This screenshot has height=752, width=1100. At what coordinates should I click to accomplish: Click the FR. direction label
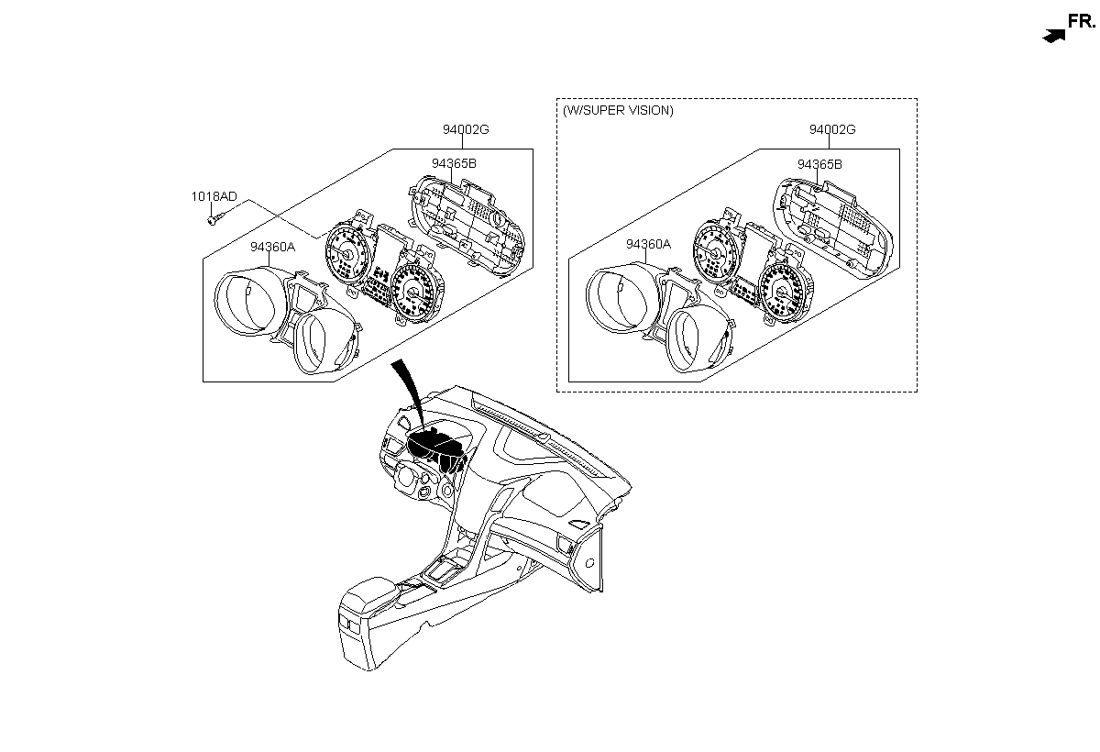coord(1082,21)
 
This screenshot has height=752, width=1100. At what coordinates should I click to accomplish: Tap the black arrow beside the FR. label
coord(1054,37)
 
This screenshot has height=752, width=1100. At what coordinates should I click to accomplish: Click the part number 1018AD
coord(214,196)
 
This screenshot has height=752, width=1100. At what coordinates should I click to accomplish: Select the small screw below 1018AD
coord(214,219)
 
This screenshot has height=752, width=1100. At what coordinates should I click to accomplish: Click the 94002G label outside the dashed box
coord(466,129)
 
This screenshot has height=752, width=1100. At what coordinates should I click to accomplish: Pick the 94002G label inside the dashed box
coord(832,129)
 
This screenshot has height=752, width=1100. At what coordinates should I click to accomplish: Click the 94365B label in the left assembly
coord(454,163)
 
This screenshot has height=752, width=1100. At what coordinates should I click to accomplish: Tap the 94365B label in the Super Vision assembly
coord(819,164)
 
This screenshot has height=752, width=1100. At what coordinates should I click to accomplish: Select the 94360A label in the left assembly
coord(272,247)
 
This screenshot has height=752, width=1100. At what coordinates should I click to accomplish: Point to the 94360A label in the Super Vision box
coord(648,244)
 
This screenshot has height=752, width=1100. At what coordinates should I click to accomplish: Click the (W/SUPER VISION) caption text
coord(618,111)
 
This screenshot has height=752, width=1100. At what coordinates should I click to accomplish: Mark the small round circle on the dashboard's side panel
coord(589,563)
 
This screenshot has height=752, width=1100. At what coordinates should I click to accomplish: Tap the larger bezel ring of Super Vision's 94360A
coord(622,298)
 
